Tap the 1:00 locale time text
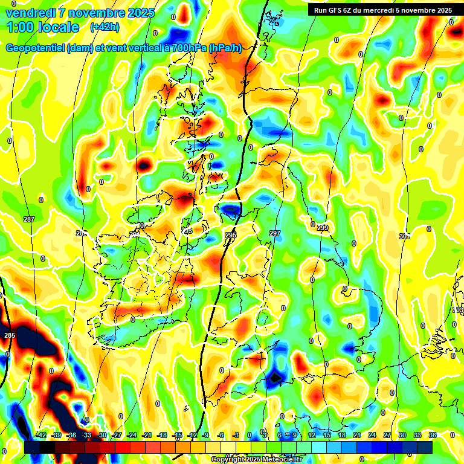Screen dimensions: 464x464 tap(43, 27)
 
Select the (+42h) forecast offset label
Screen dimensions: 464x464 tap(104, 27)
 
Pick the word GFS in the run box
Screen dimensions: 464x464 tap(340, 10)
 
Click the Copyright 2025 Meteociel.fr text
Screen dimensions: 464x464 tap(256, 459)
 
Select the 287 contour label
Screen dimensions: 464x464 tap(28, 219)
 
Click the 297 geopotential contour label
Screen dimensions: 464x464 tap(275, 233)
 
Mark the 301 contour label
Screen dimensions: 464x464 tap(404, 236)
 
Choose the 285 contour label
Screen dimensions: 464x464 tap(9, 335)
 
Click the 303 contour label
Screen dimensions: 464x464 tap(458, 310)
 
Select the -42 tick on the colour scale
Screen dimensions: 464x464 tap(41, 435)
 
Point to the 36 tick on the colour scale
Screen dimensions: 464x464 tap(433, 435)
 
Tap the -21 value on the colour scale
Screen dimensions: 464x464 tap(147, 435)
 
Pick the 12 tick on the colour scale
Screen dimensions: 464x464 tap(311, 435)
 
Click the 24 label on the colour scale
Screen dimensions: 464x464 tap(372, 435)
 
